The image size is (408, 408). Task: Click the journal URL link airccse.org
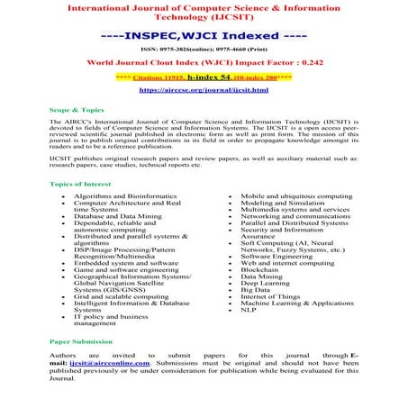point(204,91)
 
